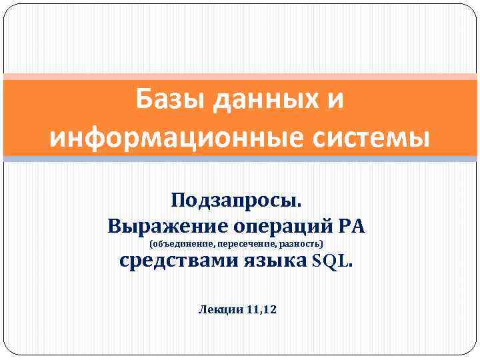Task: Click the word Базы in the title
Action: (163, 101)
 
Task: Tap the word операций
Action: (281, 225)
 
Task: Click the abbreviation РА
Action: (352, 225)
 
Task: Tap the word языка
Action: (274, 261)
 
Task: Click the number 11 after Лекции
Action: (254, 309)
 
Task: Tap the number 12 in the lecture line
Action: (272, 309)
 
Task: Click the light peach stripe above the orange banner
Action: (240, 77)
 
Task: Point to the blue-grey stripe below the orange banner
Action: (240, 159)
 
